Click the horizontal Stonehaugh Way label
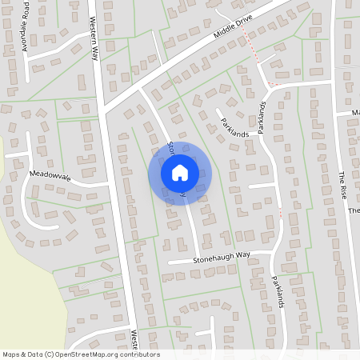point(221,257)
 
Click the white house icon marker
point(180,173)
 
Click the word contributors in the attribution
point(141,354)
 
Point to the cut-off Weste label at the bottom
point(134,342)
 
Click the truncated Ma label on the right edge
point(355,113)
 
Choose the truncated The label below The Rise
point(354,211)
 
